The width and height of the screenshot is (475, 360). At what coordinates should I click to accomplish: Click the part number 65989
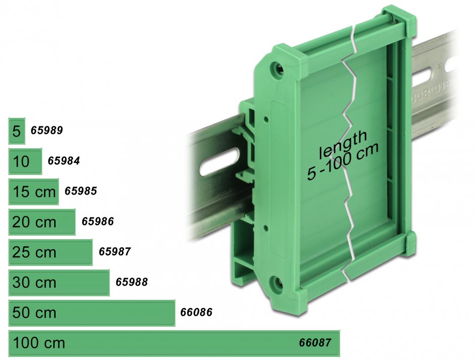coord(46,130)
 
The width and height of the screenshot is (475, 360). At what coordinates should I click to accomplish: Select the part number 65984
coord(64,161)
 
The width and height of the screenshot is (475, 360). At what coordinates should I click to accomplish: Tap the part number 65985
coord(80,191)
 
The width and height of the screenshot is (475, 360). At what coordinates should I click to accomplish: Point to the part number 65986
coord(98,221)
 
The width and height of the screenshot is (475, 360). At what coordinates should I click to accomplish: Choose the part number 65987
coord(115,252)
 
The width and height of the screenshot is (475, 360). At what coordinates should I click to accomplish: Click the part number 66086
coord(196,312)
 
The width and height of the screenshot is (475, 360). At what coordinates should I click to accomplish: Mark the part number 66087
coord(315,343)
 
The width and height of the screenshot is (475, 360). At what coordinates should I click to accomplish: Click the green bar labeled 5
coord(16,131)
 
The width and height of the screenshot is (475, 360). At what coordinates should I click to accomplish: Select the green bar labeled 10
coord(25,162)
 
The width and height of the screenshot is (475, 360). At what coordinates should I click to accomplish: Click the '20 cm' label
coord(34,222)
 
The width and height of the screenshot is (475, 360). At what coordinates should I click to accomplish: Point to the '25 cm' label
coord(34,252)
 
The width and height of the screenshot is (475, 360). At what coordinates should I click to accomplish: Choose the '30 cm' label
coord(34,283)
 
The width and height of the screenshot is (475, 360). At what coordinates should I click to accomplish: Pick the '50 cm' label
coord(34,313)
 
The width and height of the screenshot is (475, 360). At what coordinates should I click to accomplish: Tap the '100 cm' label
coord(39,343)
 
